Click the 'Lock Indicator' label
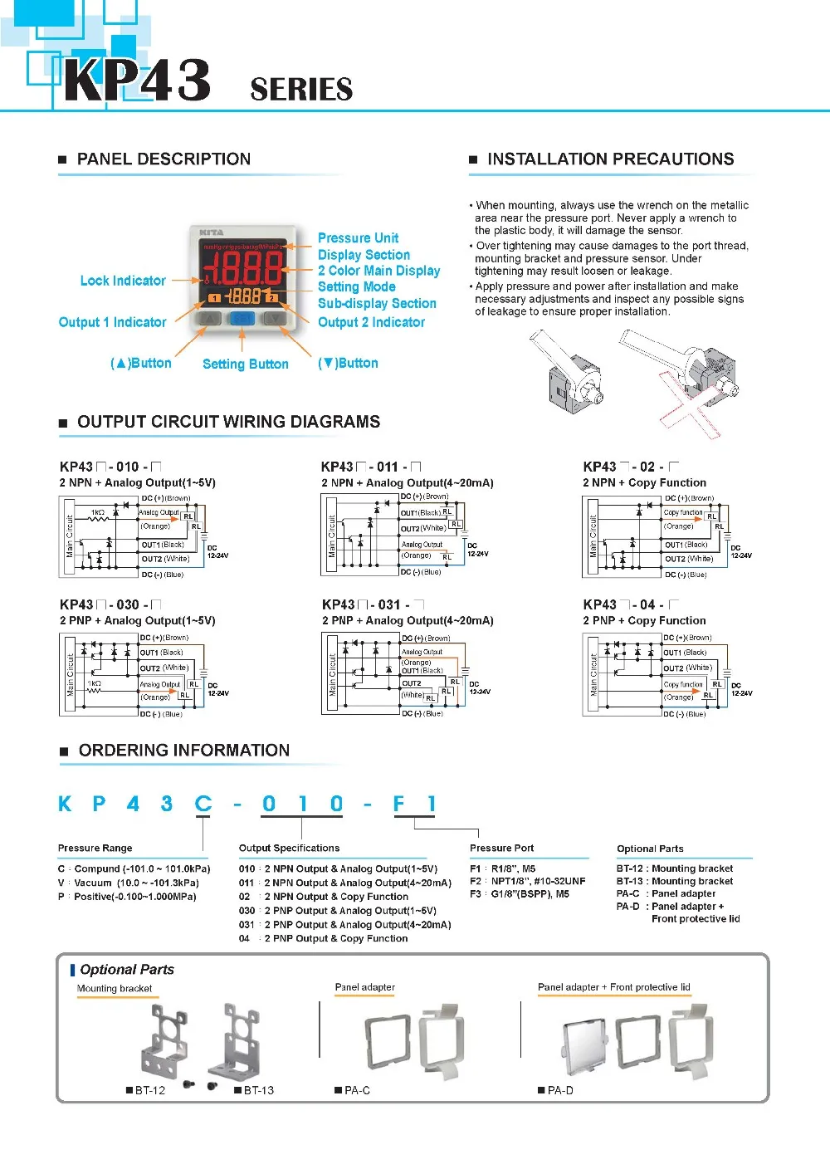(123, 281)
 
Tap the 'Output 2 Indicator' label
(371, 322)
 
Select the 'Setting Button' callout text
(245, 364)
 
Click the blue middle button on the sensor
(242, 318)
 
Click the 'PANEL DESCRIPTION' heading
(164, 159)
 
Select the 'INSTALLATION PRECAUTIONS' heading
(610, 159)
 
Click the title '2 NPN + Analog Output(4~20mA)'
(407, 482)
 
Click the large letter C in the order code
(203, 804)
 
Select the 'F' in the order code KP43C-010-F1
(399, 804)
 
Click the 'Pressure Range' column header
(95, 848)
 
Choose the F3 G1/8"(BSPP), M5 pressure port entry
(520, 894)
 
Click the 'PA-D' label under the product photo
(559, 1090)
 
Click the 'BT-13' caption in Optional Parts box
(258, 1090)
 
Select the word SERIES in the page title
(301, 90)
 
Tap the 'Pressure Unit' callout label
(358, 238)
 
